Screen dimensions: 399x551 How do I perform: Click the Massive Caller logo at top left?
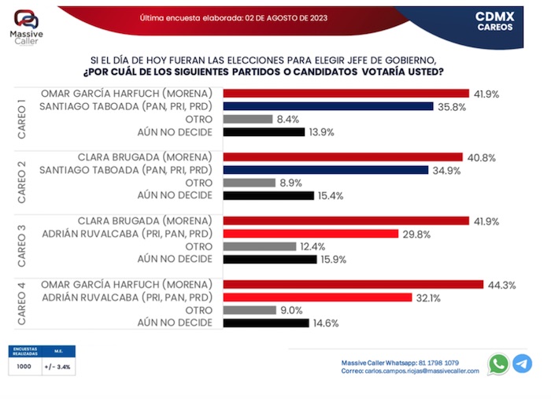pos(26,29)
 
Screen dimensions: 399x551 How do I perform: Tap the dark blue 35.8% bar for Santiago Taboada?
pos(328,105)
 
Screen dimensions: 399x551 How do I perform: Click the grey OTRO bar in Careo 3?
pos(261,246)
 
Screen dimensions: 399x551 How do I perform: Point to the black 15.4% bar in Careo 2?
pos(268,195)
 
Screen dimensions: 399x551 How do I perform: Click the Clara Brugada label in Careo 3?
pos(146,220)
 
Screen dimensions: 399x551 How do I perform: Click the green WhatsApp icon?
pos(498,364)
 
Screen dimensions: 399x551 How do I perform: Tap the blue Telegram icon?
pos(522,364)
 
